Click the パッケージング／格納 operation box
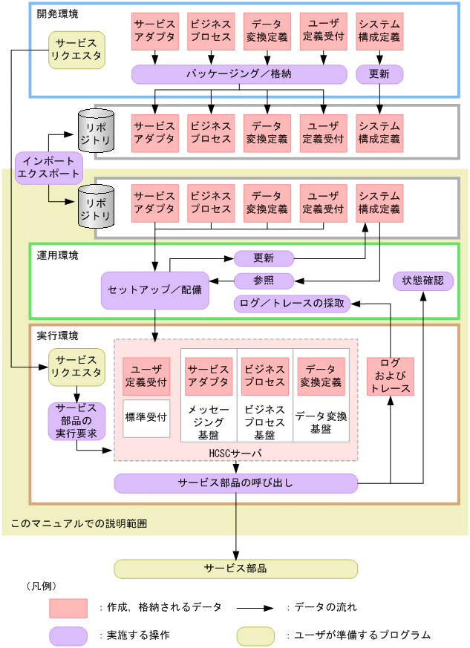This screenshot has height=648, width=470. [239, 74]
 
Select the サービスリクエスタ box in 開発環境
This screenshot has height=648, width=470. [76, 50]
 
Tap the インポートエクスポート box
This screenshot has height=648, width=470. [48, 168]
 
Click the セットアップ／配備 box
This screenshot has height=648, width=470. [155, 290]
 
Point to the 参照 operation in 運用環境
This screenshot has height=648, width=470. [264, 281]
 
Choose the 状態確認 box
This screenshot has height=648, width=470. [422, 281]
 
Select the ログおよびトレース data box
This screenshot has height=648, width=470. [391, 376]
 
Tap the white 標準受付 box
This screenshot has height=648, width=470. [146, 418]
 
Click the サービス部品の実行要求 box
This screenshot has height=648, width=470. [76, 421]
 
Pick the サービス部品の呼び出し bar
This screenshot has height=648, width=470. [235, 483]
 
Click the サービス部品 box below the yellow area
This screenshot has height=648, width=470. [235, 569]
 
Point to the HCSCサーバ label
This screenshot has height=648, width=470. [235, 452]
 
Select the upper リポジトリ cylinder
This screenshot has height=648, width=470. [97, 127]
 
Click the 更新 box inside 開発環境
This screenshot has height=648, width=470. [380, 74]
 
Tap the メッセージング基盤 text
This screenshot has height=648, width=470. [208, 422]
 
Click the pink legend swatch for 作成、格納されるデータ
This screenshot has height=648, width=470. [68, 608]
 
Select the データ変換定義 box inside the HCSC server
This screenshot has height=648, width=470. [321, 376]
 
